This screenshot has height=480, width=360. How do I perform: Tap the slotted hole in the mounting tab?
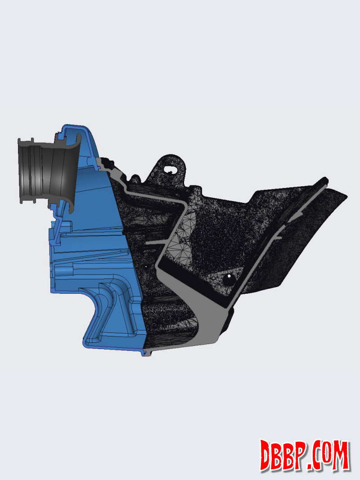(169, 169)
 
